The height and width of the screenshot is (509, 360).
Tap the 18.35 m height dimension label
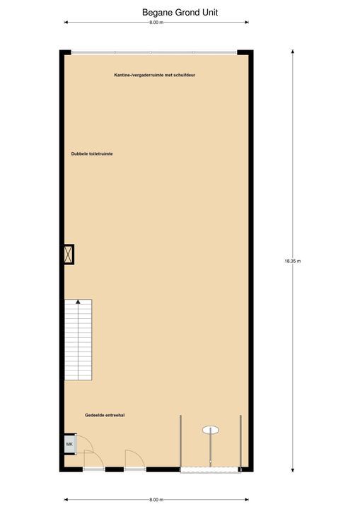[x=293, y=261]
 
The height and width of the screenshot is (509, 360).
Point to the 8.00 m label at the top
[x=156, y=23]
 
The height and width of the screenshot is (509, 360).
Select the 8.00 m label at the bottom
[x=156, y=499]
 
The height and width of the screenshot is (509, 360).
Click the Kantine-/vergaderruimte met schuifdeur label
[x=155, y=74]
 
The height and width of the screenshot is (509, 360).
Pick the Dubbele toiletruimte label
[x=92, y=153]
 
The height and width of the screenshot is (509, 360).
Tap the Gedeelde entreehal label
[x=105, y=416]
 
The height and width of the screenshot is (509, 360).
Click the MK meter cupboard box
[x=69, y=444]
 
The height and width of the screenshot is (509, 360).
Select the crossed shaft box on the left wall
[x=69, y=255]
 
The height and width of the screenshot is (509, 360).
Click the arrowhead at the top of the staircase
[x=78, y=303]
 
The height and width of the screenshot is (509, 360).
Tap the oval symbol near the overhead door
[x=210, y=429]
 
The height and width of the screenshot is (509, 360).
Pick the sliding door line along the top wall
[x=154, y=52]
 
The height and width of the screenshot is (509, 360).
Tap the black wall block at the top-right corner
[x=245, y=53]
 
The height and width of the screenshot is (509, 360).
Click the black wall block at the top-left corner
[x=65, y=53]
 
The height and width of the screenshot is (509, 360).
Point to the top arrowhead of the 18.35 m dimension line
[x=293, y=52]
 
